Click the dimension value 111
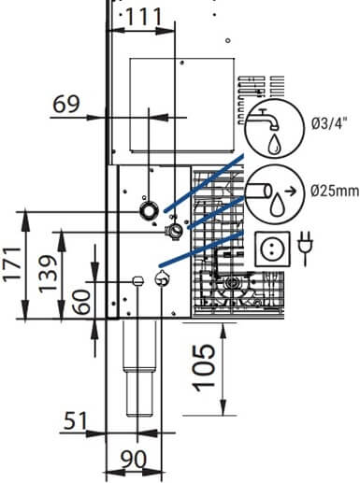coord(144,17)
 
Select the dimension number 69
coord(66,104)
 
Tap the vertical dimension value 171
coord(13,264)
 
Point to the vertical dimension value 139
coord(48,274)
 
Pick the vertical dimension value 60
coord(81,302)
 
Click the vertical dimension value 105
coord(204,367)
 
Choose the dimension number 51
coord(76,420)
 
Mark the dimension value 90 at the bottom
coord(134,460)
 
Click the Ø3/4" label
coord(329,124)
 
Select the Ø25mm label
coord(335,191)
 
